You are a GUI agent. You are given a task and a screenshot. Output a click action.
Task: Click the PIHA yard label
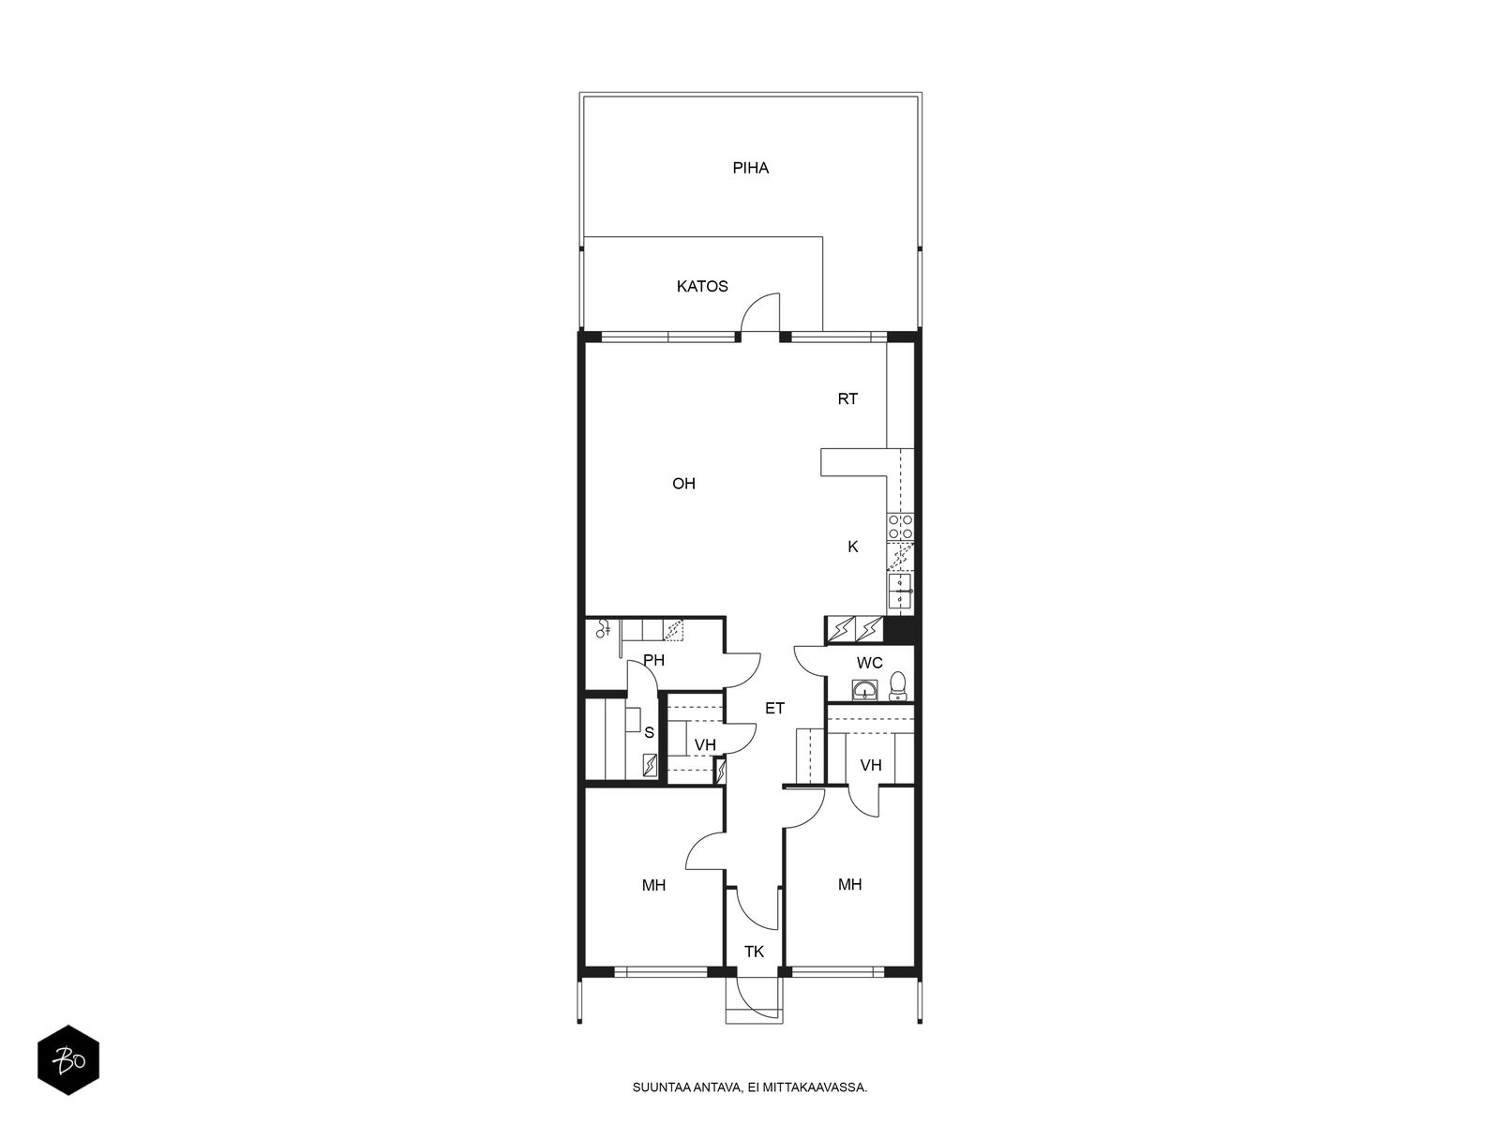[x=750, y=168]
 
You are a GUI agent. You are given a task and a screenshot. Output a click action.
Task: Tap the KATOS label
[x=702, y=286]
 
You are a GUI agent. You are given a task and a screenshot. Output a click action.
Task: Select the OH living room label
[x=683, y=484]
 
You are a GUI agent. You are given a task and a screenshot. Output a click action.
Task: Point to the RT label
[x=847, y=399]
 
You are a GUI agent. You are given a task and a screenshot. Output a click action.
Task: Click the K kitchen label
[x=852, y=547]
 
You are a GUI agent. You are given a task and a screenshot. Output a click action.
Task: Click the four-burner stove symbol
[x=900, y=527]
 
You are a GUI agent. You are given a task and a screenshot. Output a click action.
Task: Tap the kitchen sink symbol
[x=901, y=591]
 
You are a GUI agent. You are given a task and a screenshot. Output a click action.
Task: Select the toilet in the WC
[x=897, y=686]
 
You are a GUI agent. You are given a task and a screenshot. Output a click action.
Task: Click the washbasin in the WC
[x=865, y=690]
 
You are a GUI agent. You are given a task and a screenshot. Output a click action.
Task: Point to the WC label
[x=869, y=663]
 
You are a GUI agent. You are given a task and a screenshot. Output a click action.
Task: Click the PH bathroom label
[x=654, y=661]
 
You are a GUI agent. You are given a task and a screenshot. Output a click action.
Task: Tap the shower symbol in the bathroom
[x=603, y=629]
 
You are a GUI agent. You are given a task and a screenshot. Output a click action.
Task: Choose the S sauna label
[x=649, y=733]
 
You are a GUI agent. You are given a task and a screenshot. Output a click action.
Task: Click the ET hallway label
[x=774, y=709]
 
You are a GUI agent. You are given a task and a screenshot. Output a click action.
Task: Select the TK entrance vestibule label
[x=754, y=952]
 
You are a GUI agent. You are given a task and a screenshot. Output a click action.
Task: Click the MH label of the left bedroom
[x=653, y=885]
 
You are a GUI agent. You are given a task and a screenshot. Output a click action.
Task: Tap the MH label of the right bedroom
[x=849, y=885]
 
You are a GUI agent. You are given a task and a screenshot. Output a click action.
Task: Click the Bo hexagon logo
[x=68, y=1060]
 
